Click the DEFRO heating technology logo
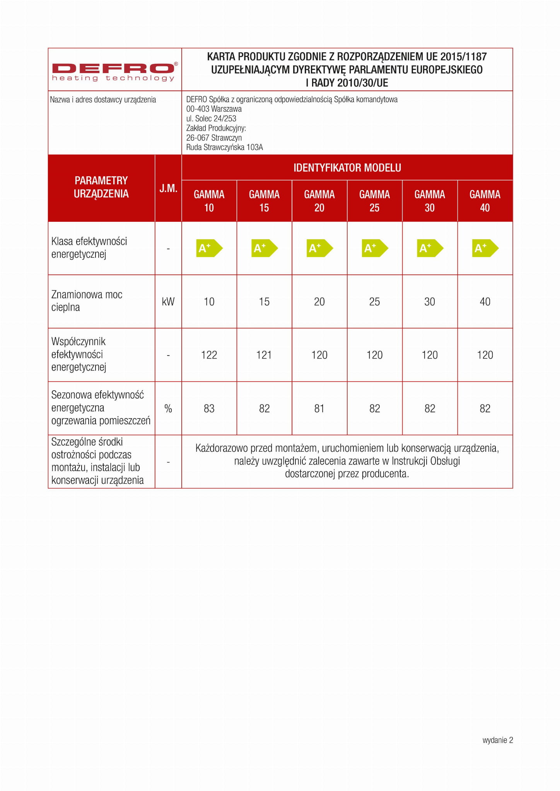tap(114, 72)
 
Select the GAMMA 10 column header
tap(209, 201)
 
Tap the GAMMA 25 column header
tap(374, 201)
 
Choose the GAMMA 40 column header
tap(485, 201)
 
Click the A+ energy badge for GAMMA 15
tap(264, 248)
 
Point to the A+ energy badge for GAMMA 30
tap(430, 248)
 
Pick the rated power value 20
tap(319, 302)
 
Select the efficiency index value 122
tap(209, 355)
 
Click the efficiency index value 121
tap(264, 355)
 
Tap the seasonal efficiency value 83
tap(209, 408)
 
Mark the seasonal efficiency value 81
tap(319, 408)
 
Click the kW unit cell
tap(168, 302)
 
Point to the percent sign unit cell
tap(168, 408)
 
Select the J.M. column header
tap(168, 188)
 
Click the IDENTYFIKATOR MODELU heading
tap(347, 168)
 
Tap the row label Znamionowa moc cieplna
tap(87, 301)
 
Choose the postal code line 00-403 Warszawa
tap(214, 109)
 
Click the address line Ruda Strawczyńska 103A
tap(224, 147)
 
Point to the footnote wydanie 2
tap(497, 740)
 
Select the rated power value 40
tap(485, 302)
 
